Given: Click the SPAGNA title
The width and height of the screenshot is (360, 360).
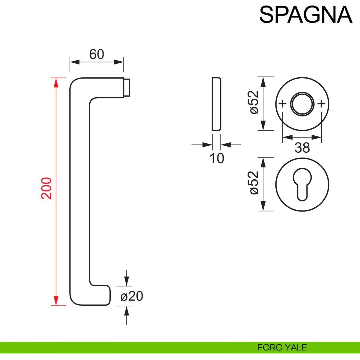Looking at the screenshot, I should pyautogui.click(x=305, y=14).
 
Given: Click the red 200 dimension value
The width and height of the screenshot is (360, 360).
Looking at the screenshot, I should pyautogui.click(x=47, y=188).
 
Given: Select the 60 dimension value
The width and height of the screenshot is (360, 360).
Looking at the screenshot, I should pyautogui.click(x=97, y=54).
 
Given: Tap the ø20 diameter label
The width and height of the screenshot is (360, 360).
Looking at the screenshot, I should pyautogui.click(x=132, y=296).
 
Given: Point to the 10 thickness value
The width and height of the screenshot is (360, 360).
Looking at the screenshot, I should pyautogui.click(x=217, y=158).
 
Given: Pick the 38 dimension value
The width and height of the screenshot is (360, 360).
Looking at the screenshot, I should pyautogui.click(x=302, y=148).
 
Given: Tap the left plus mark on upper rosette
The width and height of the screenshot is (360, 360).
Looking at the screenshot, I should pyautogui.click(x=283, y=104).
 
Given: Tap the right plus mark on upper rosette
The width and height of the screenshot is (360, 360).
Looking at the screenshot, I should pyautogui.click(x=321, y=104).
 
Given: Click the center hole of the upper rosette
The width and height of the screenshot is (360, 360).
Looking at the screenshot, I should pyautogui.click(x=302, y=104).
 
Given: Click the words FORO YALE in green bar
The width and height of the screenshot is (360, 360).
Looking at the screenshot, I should pyautogui.click(x=282, y=347).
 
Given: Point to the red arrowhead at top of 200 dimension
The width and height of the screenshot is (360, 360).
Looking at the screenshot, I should pyautogui.click(x=55, y=82).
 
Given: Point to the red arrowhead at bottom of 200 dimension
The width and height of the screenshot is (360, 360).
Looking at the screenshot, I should pyautogui.click(x=55, y=301).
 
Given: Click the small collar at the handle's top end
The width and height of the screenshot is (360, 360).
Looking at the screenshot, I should pyautogui.click(x=127, y=88).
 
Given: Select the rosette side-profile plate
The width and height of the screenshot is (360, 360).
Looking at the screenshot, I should pyautogui.click(x=216, y=104).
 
